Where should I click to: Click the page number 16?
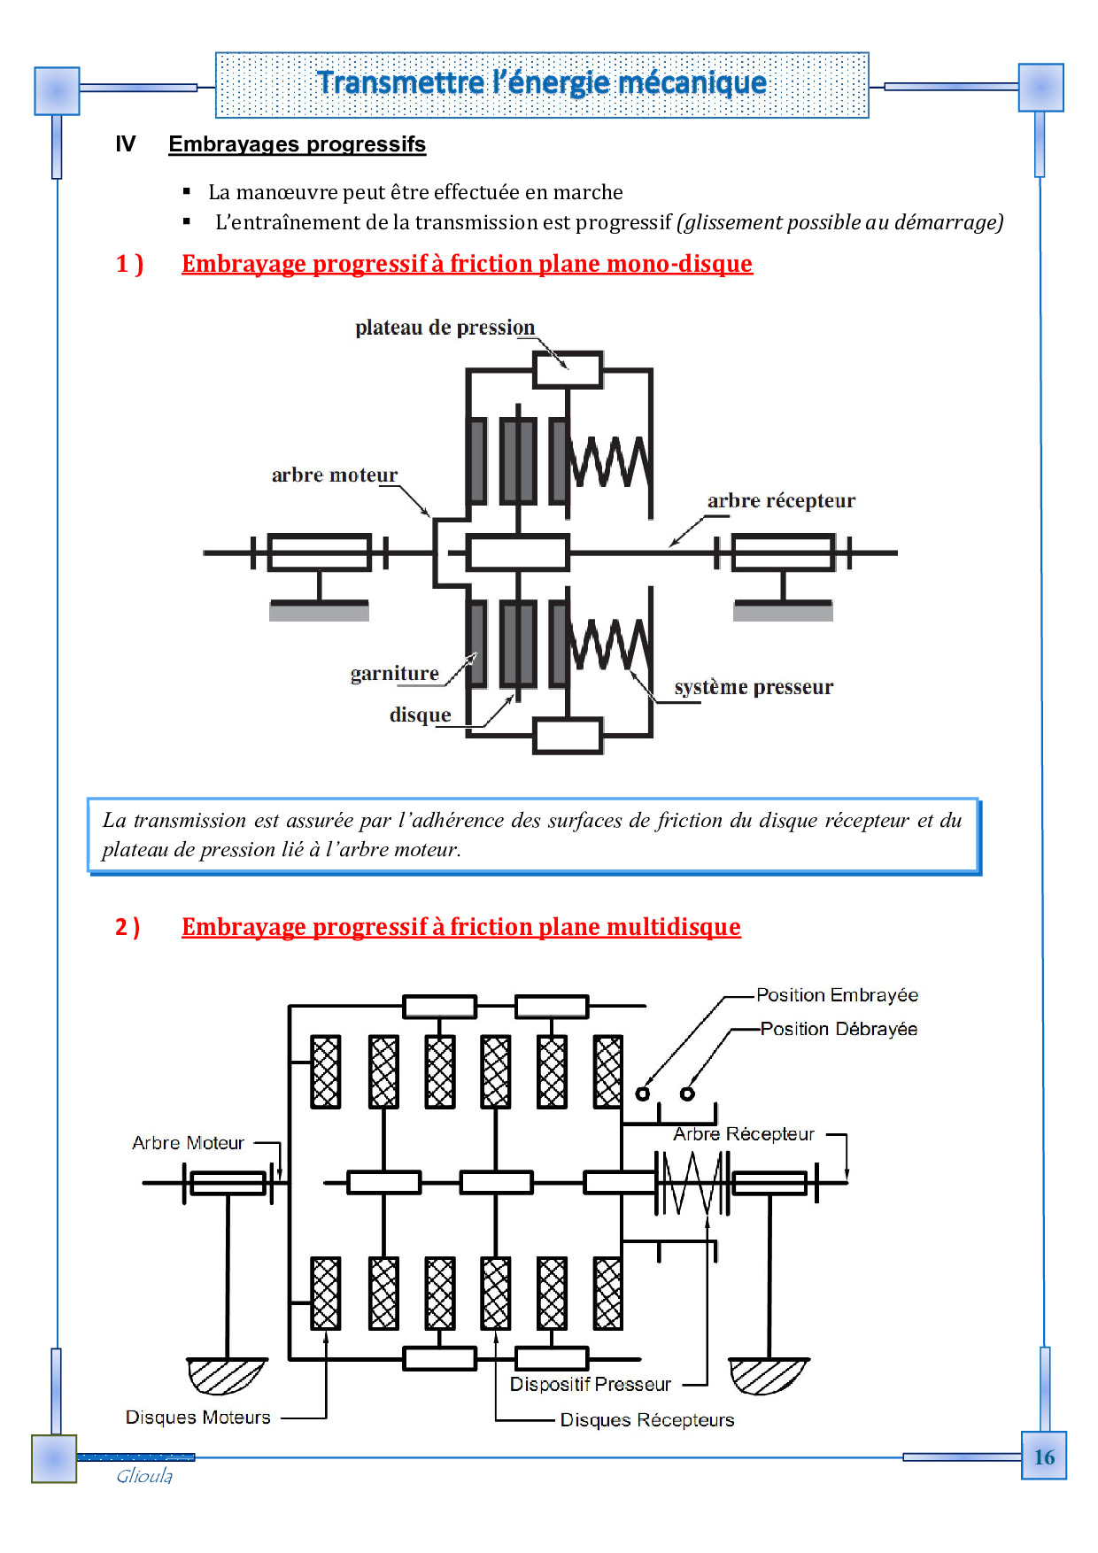(1044, 1456)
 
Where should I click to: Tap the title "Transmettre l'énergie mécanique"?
(542, 83)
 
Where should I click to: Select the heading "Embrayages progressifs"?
(297, 144)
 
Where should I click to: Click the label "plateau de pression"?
(445, 328)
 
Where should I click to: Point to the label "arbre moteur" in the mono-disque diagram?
(334, 475)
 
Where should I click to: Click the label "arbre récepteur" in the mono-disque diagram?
(781, 501)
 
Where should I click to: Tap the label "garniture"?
(394, 674)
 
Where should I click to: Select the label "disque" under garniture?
(420, 715)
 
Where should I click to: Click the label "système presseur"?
(754, 687)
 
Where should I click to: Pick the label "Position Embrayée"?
(837, 995)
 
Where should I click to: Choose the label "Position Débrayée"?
(839, 1029)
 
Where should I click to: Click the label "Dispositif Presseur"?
(590, 1384)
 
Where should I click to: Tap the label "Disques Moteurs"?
(197, 1418)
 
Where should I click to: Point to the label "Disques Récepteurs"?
(647, 1420)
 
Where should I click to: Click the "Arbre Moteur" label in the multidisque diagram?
(188, 1143)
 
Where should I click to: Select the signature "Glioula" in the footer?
(144, 1476)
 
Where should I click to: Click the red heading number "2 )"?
(128, 927)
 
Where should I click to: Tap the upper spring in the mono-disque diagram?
(609, 461)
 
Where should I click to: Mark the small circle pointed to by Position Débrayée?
(687, 1093)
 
